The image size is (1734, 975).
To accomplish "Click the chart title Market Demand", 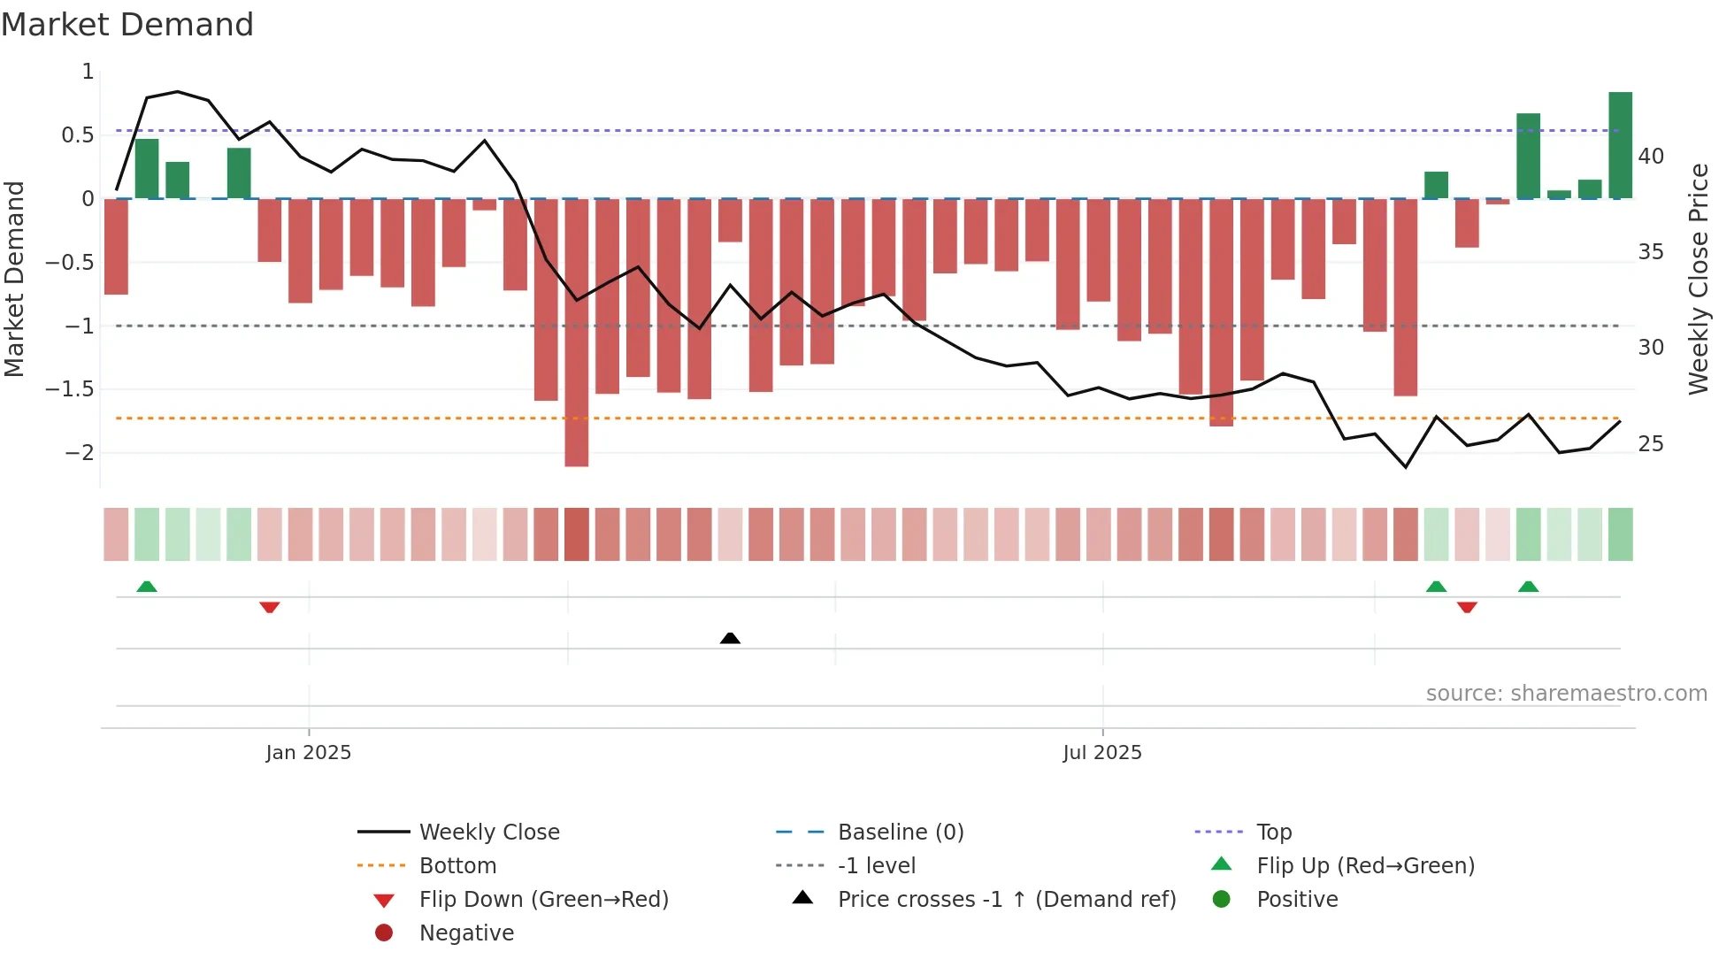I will (127, 25).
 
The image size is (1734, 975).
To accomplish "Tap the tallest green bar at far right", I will (1620, 145).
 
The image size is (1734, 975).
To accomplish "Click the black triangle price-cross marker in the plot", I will (730, 638).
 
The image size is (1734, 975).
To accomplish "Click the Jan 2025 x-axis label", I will (308, 752).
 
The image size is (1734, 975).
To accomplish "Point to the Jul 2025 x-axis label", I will (1101, 752).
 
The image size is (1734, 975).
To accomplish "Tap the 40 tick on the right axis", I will (1650, 157).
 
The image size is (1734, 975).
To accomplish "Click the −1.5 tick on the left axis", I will (70, 389).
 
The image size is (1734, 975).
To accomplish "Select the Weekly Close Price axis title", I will (1698, 279).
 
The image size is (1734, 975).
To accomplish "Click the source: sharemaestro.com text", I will (1566, 693).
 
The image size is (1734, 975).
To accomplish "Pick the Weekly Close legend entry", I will (488, 832).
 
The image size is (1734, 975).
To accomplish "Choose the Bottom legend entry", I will (457, 865).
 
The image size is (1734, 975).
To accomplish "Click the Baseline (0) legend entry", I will (900, 832).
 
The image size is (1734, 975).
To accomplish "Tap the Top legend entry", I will (1273, 832).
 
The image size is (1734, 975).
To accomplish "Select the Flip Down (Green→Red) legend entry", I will (543, 899).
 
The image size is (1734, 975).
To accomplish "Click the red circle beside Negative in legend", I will (384, 933).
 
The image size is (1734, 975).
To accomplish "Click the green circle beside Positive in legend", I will (1221, 899).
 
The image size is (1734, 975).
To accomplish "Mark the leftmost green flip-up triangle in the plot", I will (147, 587).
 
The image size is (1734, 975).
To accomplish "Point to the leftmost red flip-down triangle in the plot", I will (270, 607).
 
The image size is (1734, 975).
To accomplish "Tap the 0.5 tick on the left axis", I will (77, 135).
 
